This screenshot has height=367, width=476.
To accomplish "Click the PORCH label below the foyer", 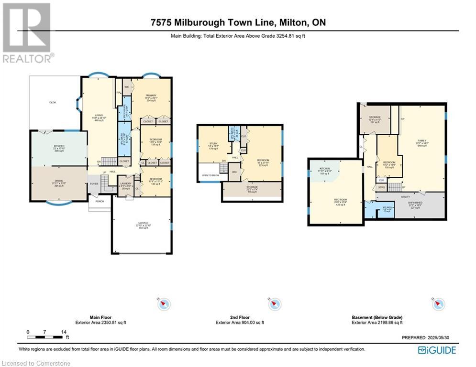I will click(100, 201).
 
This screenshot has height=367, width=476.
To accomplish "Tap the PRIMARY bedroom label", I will click(151, 96).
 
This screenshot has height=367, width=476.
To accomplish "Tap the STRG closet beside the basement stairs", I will click(381, 187).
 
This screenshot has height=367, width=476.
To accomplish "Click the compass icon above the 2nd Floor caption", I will click(275, 304).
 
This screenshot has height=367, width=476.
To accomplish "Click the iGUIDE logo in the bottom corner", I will click(437, 350).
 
